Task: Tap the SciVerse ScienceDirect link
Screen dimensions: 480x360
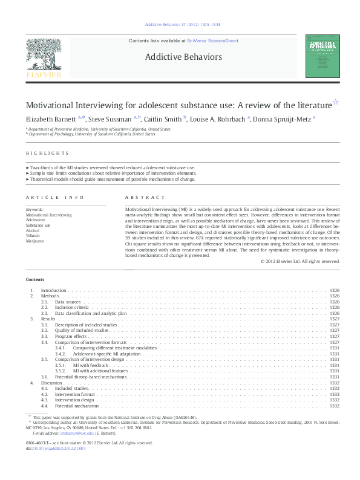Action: point(212,41)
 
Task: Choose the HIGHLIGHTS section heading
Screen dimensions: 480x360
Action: point(47,153)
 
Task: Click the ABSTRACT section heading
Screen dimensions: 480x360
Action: point(145,197)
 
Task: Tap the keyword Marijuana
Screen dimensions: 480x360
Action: point(36,241)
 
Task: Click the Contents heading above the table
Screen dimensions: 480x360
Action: point(35,279)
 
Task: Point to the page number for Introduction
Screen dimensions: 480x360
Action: point(335,290)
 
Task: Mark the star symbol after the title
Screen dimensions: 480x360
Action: point(336,102)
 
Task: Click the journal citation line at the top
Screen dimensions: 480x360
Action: point(180,25)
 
